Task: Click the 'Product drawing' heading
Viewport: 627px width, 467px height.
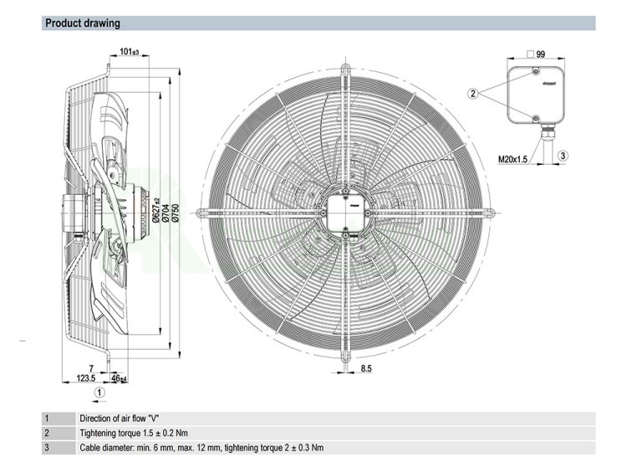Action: point(82,23)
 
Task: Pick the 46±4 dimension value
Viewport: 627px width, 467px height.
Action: point(120,379)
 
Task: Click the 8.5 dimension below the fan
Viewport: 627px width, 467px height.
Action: point(366,369)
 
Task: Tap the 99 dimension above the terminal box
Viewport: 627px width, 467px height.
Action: point(540,54)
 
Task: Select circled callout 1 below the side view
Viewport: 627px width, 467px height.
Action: point(99,391)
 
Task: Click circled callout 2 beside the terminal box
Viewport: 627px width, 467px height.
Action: point(473,94)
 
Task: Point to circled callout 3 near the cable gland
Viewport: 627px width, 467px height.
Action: point(563,156)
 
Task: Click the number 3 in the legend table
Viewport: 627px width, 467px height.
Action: point(48,447)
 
